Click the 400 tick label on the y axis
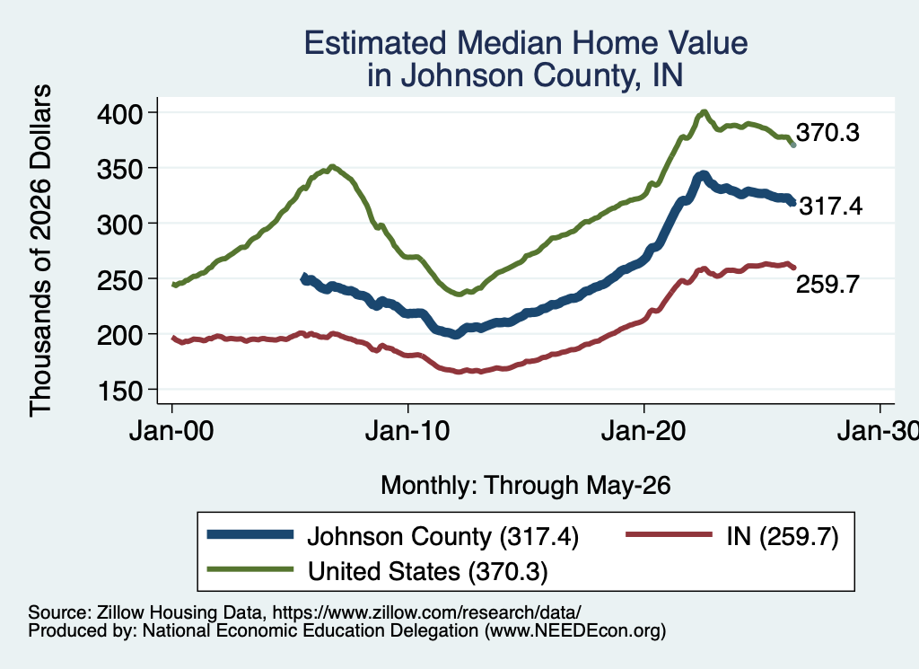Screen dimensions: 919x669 pos(119,113)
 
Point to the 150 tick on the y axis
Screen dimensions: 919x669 pos(119,391)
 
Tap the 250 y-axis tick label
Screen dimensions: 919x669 pos(119,279)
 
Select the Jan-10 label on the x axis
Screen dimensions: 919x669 pos(407,431)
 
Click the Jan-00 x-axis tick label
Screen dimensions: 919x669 pos(171,431)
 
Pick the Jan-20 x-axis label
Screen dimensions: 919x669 pos(643,431)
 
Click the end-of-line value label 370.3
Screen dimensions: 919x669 pos(827,133)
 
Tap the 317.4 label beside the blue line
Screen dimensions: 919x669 pos(830,207)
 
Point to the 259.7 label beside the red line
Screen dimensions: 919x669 pos(827,285)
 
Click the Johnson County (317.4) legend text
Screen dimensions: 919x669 pos(443,536)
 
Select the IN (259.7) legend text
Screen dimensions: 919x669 pos(783,536)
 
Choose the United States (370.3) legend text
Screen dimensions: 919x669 pos(428,572)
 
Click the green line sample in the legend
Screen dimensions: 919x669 pos(250,569)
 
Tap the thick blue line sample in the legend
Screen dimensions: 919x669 pos(250,534)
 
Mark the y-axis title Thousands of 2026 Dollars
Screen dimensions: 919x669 pos(40,251)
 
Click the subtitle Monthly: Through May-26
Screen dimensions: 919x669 pos(526,486)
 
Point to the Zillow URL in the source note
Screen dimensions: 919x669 pos(426,612)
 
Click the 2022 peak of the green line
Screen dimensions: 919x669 pos(704,112)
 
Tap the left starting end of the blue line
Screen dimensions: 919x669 pos(303,278)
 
